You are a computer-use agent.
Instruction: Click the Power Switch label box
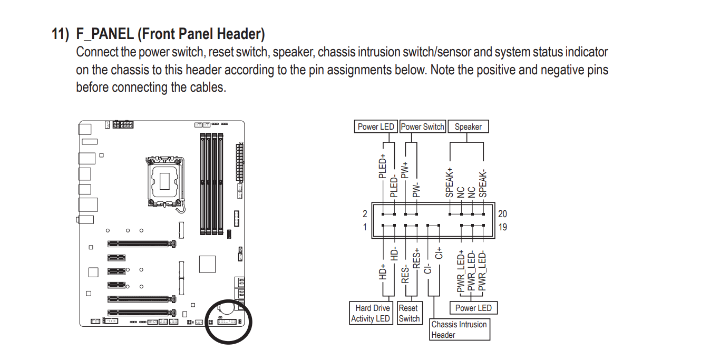click(x=423, y=127)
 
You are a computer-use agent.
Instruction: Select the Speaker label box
click(x=468, y=127)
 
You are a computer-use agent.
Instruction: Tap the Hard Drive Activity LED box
click(x=371, y=313)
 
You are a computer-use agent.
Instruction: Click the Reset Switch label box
click(x=410, y=313)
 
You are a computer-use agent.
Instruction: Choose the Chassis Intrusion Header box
click(x=460, y=329)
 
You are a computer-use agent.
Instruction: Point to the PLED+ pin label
click(x=382, y=166)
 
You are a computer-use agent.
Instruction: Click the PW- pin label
click(x=416, y=190)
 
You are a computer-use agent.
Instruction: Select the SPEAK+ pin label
click(x=450, y=182)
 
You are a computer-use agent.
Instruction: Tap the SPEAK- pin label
click(x=483, y=184)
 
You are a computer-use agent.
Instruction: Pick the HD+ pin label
click(x=382, y=272)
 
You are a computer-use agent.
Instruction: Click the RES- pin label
click(x=405, y=275)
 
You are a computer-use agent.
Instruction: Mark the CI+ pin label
click(x=439, y=254)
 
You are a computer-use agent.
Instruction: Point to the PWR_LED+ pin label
click(x=461, y=271)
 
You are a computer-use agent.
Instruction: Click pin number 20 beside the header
click(x=502, y=214)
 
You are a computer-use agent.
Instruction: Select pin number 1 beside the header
click(x=365, y=227)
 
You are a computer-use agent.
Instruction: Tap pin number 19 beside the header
click(x=502, y=227)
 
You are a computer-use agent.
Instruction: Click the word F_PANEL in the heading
click(x=105, y=34)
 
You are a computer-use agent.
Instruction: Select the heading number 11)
click(x=60, y=34)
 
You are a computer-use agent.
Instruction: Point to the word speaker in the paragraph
click(x=294, y=52)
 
